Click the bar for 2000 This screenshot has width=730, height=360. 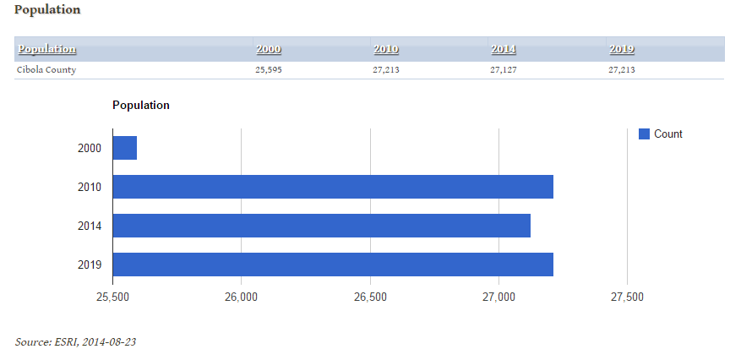(x=125, y=148)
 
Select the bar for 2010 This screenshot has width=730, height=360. (x=333, y=187)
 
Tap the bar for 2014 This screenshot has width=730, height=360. (x=321, y=226)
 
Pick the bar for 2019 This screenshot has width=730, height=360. (x=333, y=265)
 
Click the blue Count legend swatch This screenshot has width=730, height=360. (x=644, y=134)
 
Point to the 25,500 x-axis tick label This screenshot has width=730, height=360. (x=112, y=297)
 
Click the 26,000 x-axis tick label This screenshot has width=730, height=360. (x=242, y=297)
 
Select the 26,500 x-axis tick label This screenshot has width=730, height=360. (x=370, y=297)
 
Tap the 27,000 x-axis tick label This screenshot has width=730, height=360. (x=499, y=297)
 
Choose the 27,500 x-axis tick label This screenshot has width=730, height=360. (x=628, y=297)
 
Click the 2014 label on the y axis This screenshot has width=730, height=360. (x=90, y=226)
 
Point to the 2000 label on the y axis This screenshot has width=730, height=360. (x=90, y=148)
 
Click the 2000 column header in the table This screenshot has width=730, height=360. (x=269, y=49)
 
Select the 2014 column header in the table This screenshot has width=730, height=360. (x=504, y=49)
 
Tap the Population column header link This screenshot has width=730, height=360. (x=47, y=49)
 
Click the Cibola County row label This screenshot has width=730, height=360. (x=46, y=70)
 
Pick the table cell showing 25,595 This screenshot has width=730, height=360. (x=269, y=70)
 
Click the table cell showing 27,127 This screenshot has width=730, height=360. (x=504, y=70)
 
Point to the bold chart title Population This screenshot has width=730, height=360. (x=141, y=106)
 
